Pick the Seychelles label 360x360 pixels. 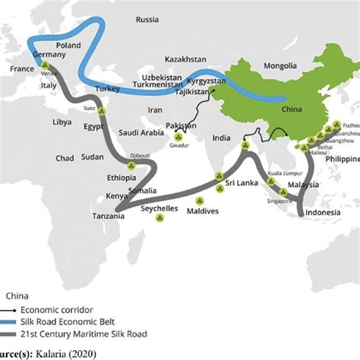pyautogui.click(x=159, y=207)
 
